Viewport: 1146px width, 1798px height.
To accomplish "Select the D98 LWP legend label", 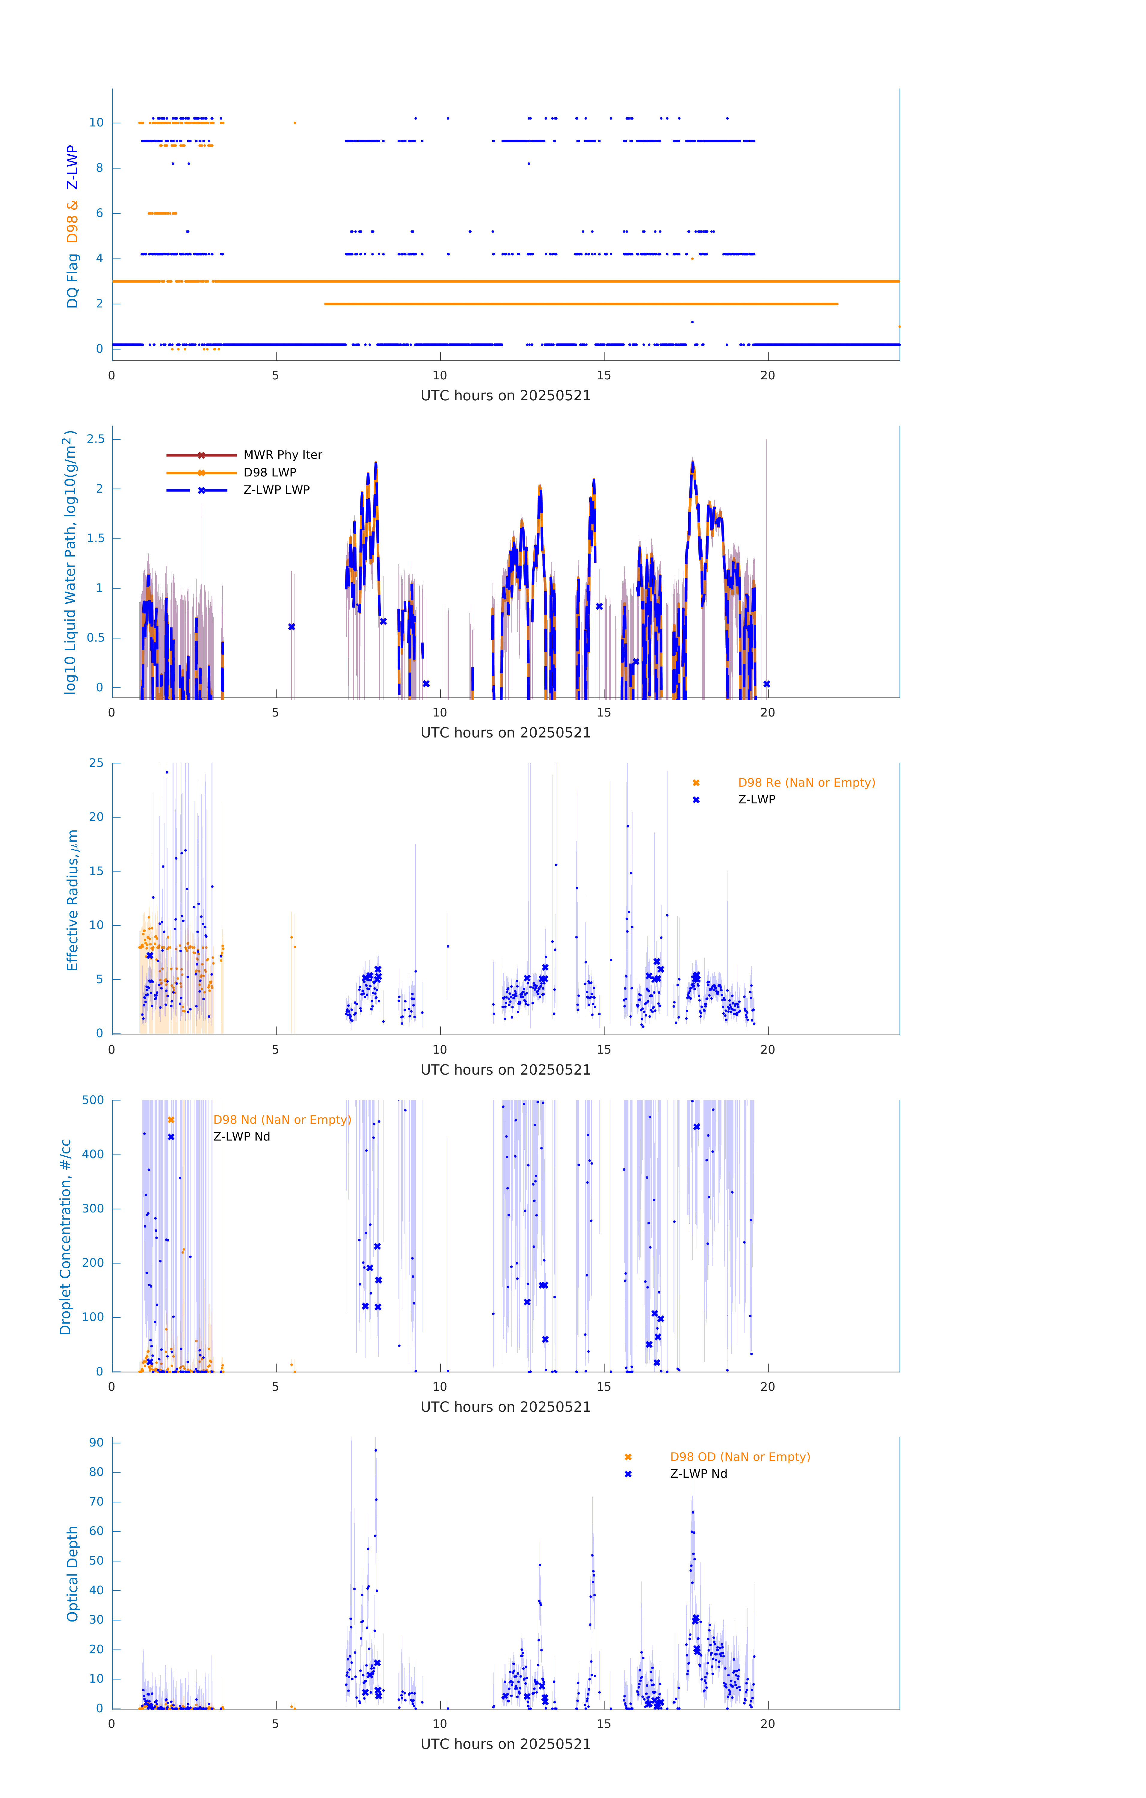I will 270,473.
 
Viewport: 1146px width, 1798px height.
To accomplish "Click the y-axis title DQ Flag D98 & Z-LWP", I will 73,226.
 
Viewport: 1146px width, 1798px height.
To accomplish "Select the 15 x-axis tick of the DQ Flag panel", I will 603,375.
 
